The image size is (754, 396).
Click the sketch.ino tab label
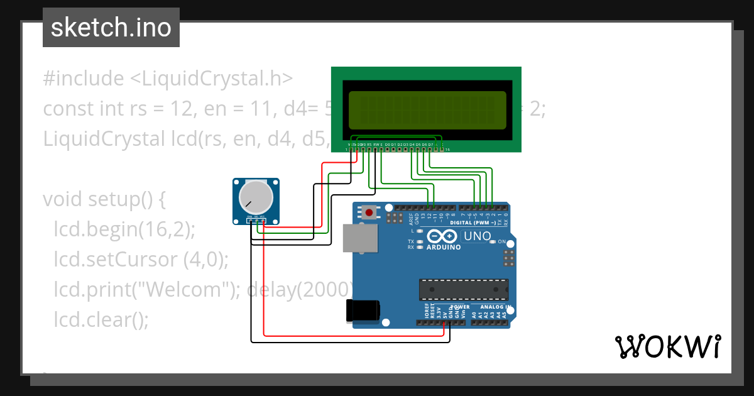click(x=111, y=28)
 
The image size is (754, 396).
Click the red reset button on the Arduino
click(x=369, y=212)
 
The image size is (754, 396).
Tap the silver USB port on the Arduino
click(x=361, y=239)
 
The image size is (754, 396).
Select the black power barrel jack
click(x=363, y=311)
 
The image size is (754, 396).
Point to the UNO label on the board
click(x=476, y=236)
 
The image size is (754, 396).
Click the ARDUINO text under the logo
click(x=444, y=247)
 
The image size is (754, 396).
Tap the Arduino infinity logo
click(x=442, y=236)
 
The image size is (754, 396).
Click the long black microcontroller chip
click(x=464, y=289)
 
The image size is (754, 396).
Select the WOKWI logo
click(x=667, y=346)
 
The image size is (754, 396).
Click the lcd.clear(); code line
click(x=101, y=319)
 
